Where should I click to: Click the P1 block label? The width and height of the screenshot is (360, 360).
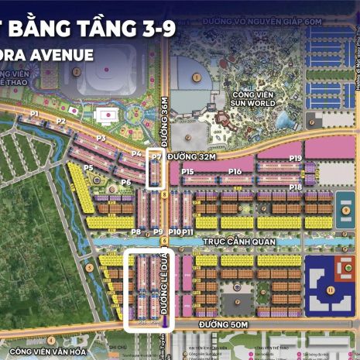click(34, 114)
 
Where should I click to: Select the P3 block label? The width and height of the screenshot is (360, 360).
click(101, 138)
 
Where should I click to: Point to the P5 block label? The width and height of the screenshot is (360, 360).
click(88, 167)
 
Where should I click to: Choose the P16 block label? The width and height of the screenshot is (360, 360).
click(235, 171)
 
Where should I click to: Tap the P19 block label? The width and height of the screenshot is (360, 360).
click(295, 158)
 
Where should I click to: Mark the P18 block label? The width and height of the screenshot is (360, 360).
click(295, 187)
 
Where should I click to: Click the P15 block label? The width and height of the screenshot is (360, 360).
click(187, 172)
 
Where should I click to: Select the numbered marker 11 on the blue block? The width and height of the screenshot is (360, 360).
click(330, 290)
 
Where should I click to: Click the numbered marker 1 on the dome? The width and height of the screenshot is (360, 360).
click(197, 77)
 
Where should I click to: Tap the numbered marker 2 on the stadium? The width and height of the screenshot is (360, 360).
click(77, 72)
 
